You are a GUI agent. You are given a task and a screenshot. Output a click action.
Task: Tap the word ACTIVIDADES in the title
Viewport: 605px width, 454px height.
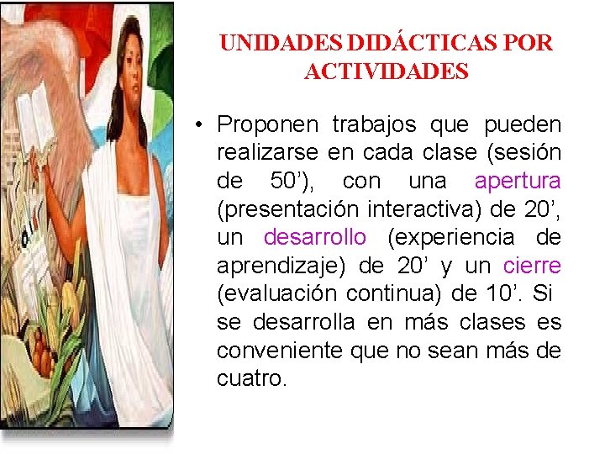386,71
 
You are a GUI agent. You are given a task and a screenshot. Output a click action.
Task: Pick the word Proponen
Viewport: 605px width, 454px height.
267,124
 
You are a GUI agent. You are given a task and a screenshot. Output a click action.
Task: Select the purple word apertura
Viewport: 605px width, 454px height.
518,182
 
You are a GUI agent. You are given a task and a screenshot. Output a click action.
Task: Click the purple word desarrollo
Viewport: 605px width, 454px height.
315,238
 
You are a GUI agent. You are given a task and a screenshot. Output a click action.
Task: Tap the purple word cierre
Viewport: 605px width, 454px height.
532,267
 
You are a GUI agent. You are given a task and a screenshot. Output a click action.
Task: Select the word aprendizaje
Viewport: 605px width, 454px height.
281,267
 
